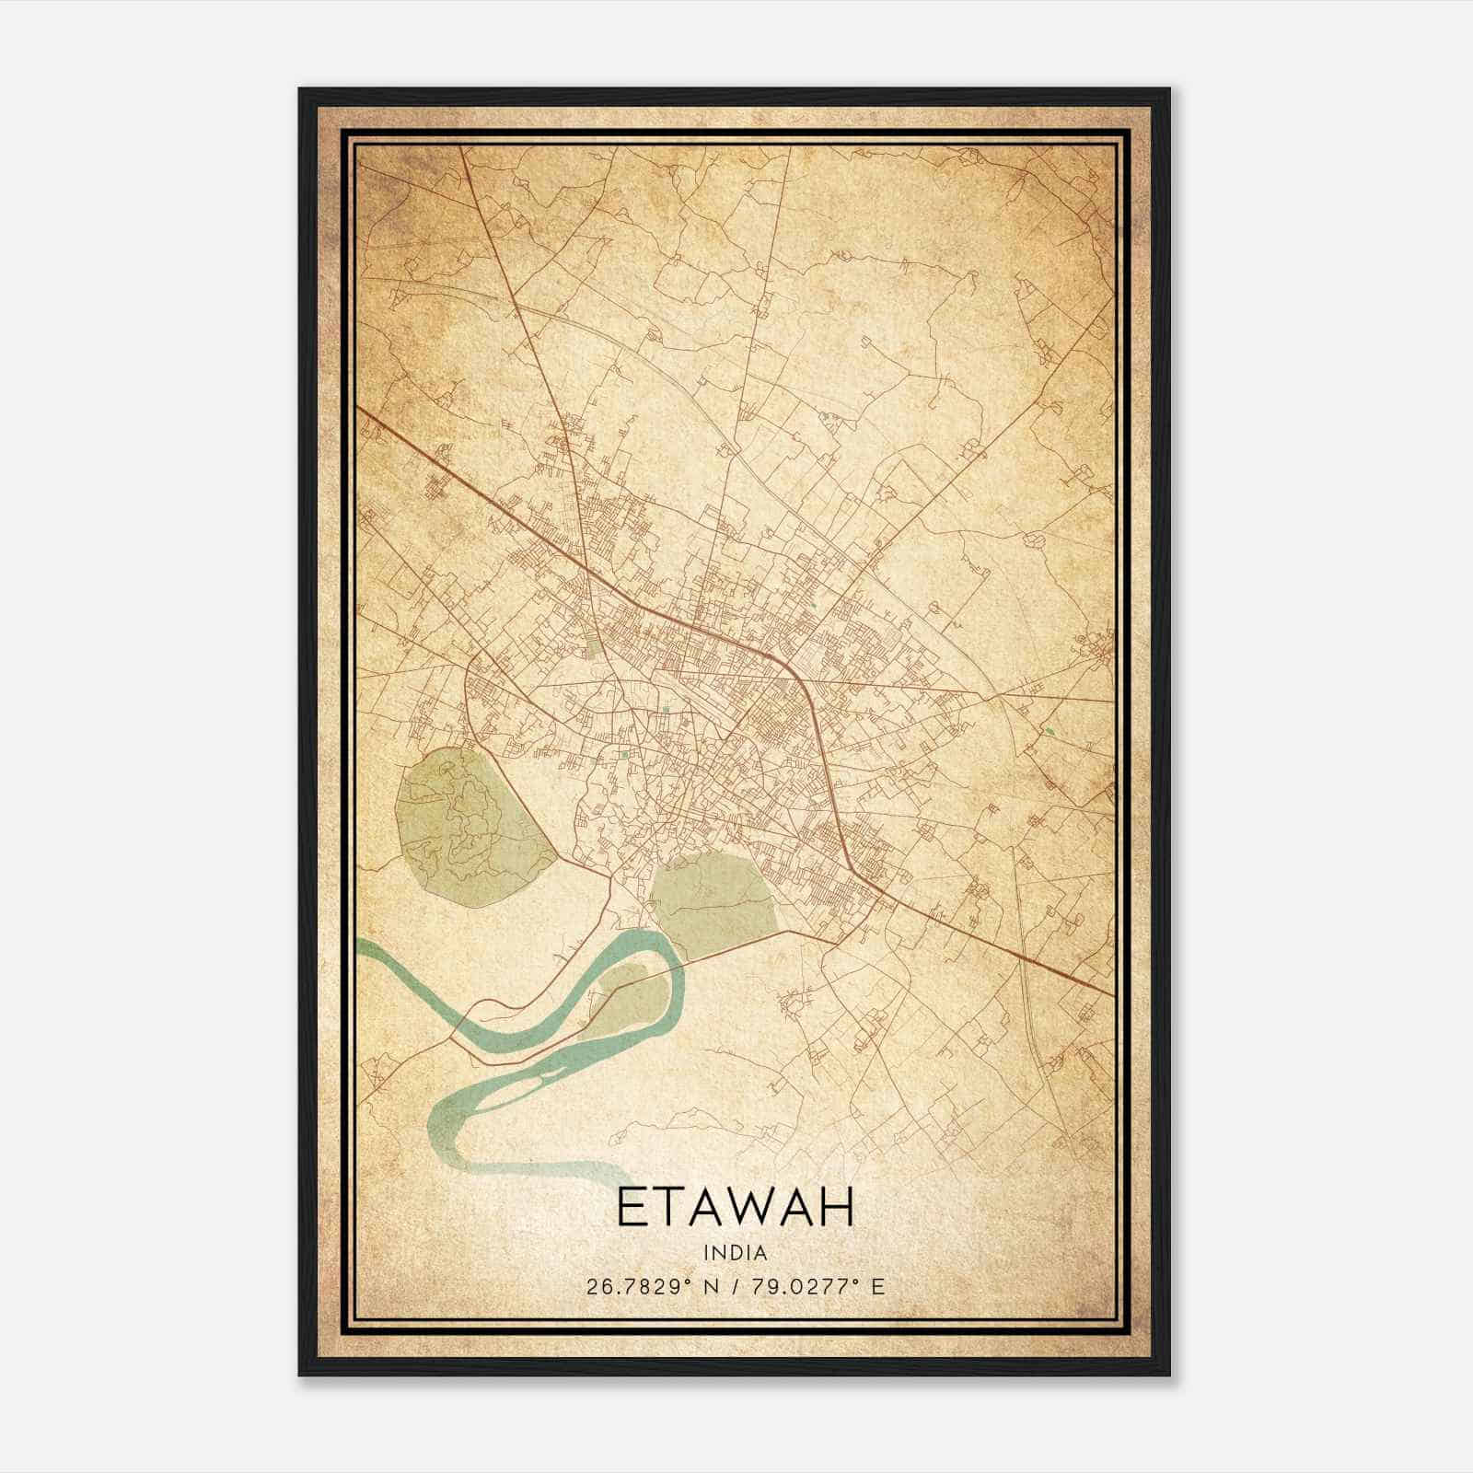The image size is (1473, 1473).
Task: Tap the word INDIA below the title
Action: (735, 1252)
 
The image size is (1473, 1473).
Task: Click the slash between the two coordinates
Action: (734, 1286)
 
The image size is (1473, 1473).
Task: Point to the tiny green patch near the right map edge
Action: (1049, 732)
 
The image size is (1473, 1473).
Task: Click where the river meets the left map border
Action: (360, 950)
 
